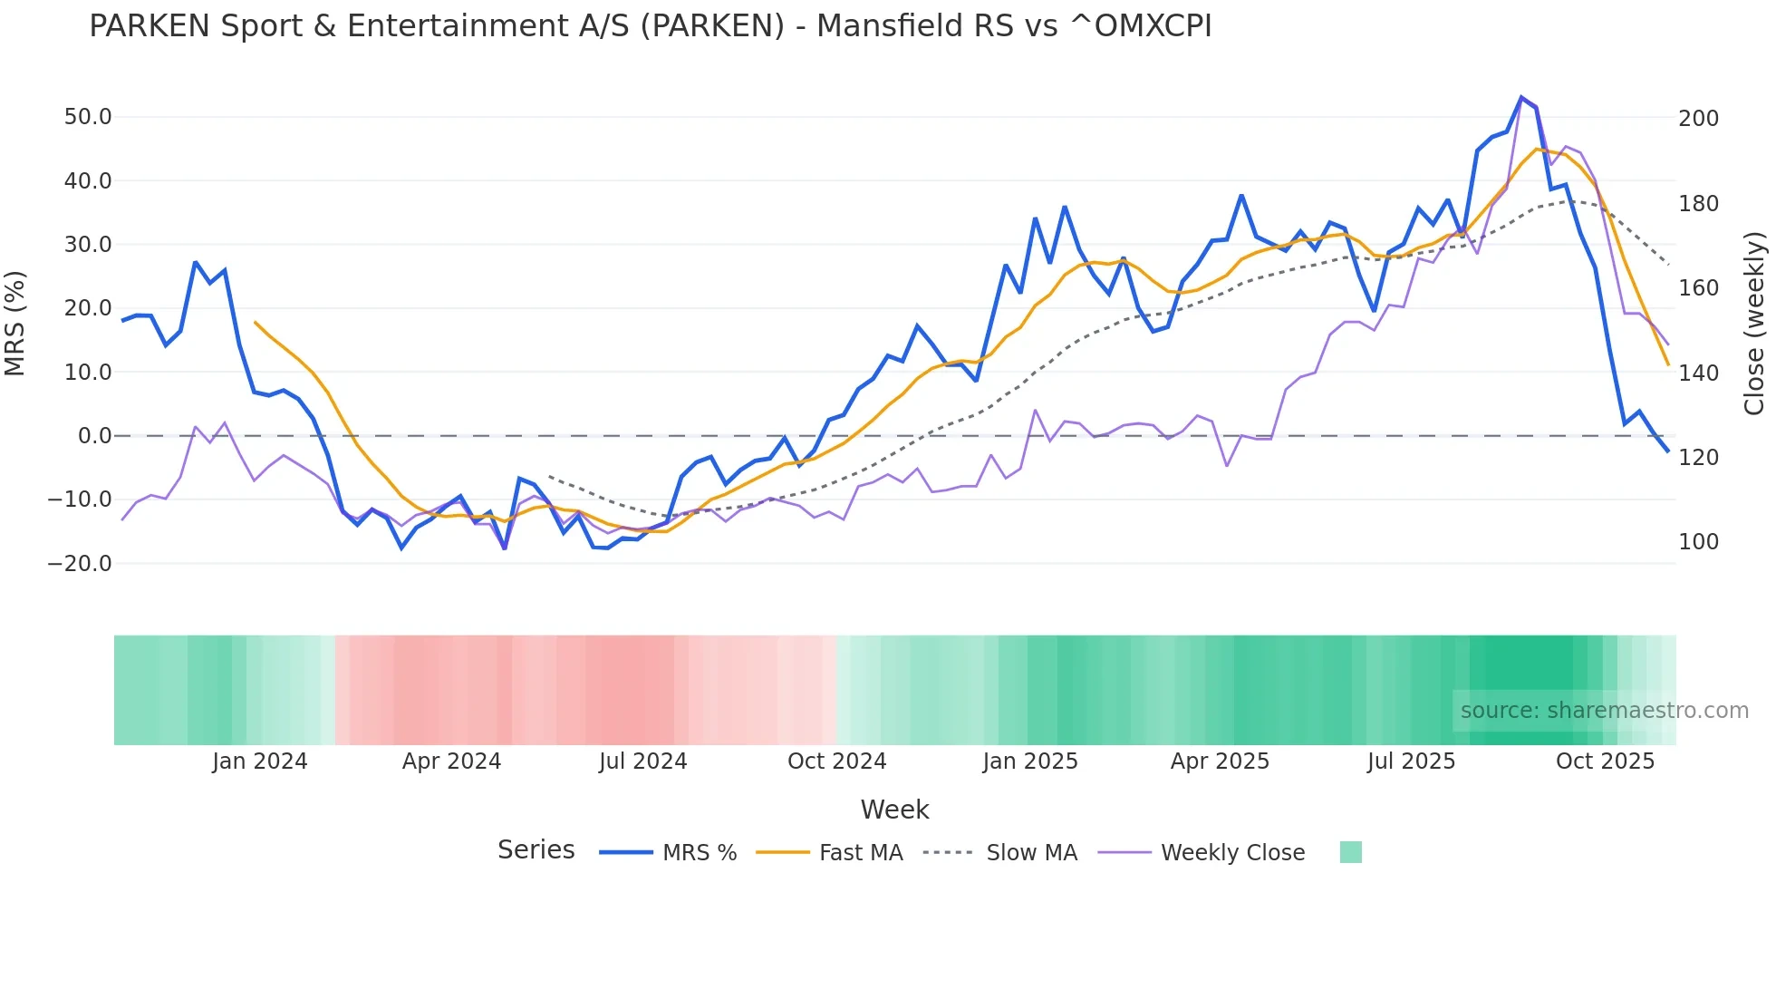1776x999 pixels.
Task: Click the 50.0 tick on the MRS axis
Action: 88,117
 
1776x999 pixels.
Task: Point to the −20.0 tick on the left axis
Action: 80,564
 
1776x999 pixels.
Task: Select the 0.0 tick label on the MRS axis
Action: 95,436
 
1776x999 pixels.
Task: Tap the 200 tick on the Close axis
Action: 1698,119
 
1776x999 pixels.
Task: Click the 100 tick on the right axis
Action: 1698,542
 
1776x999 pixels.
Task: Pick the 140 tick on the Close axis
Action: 1698,373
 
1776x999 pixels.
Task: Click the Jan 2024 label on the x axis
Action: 260,761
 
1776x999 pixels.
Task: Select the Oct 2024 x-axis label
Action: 836,761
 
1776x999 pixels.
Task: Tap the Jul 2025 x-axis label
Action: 1411,761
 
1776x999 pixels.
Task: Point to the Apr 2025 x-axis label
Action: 1220,761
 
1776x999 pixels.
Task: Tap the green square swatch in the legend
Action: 1351,852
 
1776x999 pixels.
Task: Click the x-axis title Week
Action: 894,810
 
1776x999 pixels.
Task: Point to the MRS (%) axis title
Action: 15,324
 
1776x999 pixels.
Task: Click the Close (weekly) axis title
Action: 1754,324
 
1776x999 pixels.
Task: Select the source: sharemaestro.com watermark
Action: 1604,711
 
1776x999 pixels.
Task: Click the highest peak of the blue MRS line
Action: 1521,97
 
